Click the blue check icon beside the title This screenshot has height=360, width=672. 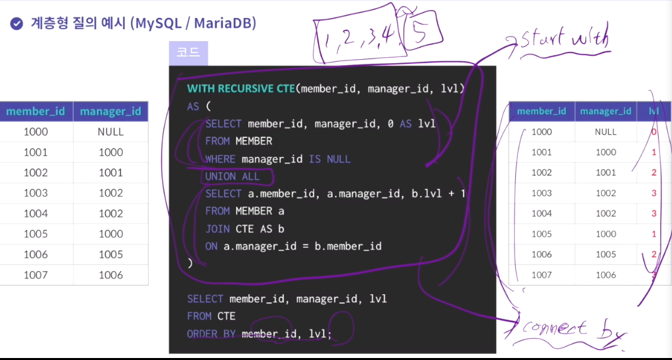point(17,24)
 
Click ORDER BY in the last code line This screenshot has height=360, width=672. point(211,333)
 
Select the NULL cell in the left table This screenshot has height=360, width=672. point(110,132)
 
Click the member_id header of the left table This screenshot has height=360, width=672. point(35,111)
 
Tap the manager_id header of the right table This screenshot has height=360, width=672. point(605,111)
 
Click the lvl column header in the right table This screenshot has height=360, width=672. point(653,111)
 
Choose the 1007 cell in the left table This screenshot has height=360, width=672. point(35,275)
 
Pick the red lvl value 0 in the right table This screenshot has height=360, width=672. point(653,132)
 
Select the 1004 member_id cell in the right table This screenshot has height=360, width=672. point(542,213)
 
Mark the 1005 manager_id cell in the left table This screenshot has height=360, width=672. point(110,254)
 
